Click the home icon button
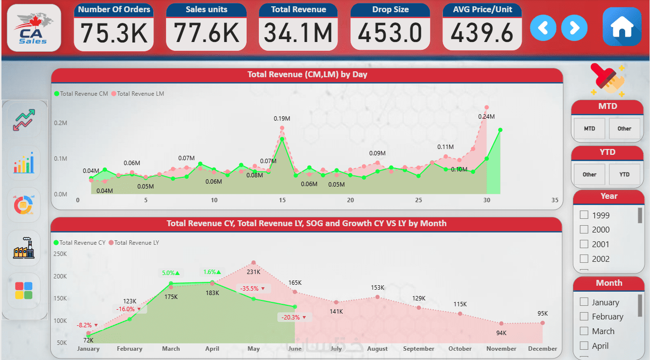pyautogui.click(x=622, y=27)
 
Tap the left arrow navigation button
pyautogui.click(x=543, y=28)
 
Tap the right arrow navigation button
pyautogui.click(x=574, y=28)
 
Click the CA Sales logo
pyautogui.click(x=34, y=28)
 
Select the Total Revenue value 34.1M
pyautogui.click(x=298, y=33)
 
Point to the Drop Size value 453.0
pyautogui.click(x=390, y=33)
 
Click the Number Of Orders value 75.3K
pyautogui.click(x=114, y=33)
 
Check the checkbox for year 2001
pyautogui.click(x=584, y=244)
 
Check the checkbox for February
pyautogui.click(x=584, y=317)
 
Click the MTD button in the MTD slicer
pyautogui.click(x=589, y=128)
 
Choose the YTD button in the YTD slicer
pyautogui.click(x=624, y=174)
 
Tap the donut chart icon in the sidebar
pyautogui.click(x=23, y=205)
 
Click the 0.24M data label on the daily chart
pyautogui.click(x=486, y=117)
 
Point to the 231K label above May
pyautogui.click(x=253, y=272)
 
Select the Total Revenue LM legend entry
pyautogui.click(x=139, y=94)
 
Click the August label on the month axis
pyautogui.click(x=377, y=349)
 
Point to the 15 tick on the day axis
pyautogui.click(x=282, y=200)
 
